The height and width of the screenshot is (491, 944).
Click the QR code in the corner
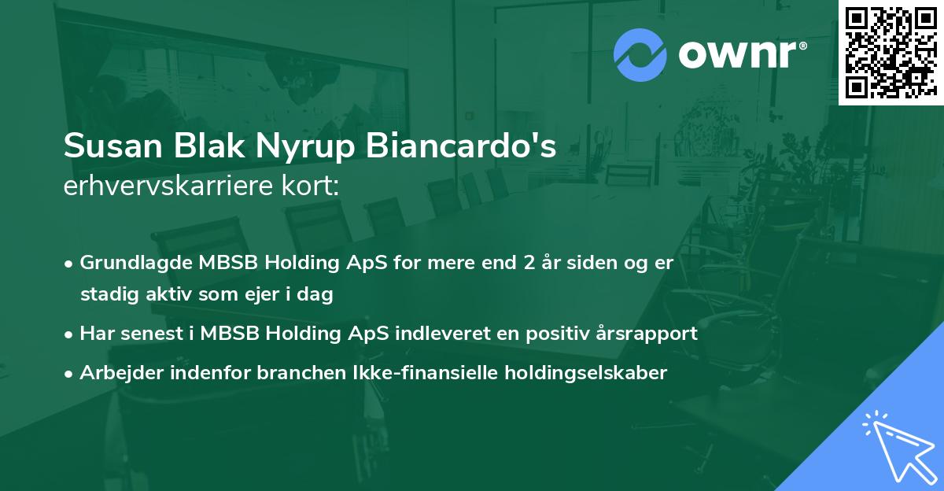[x=891, y=52]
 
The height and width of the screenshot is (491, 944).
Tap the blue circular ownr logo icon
[x=640, y=55]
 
